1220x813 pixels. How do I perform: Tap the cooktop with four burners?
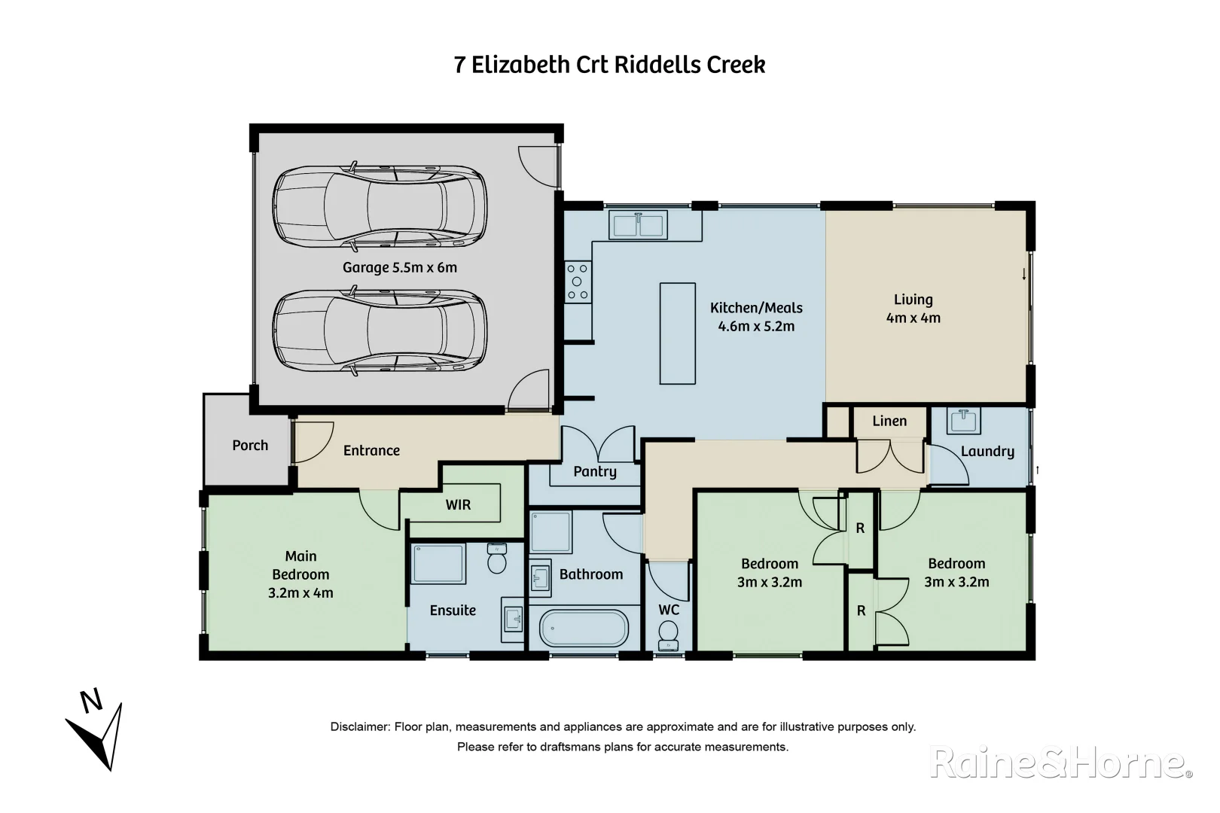[x=578, y=282]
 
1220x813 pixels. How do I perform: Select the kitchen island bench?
[x=677, y=333]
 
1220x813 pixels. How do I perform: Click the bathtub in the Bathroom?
[x=584, y=629]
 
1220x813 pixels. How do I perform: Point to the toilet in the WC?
[x=668, y=634]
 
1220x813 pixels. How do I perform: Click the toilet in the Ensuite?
[x=497, y=559]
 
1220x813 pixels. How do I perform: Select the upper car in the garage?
[x=379, y=205]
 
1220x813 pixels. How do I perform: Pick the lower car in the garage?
[x=379, y=332]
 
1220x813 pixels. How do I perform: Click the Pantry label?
[x=594, y=472]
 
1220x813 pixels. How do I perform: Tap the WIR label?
[x=458, y=505]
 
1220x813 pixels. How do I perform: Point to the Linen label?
[x=889, y=422]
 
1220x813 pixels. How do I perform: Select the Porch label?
[x=250, y=446]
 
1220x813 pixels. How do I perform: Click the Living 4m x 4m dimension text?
[x=913, y=318]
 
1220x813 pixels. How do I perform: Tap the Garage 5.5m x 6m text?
[x=399, y=268]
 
